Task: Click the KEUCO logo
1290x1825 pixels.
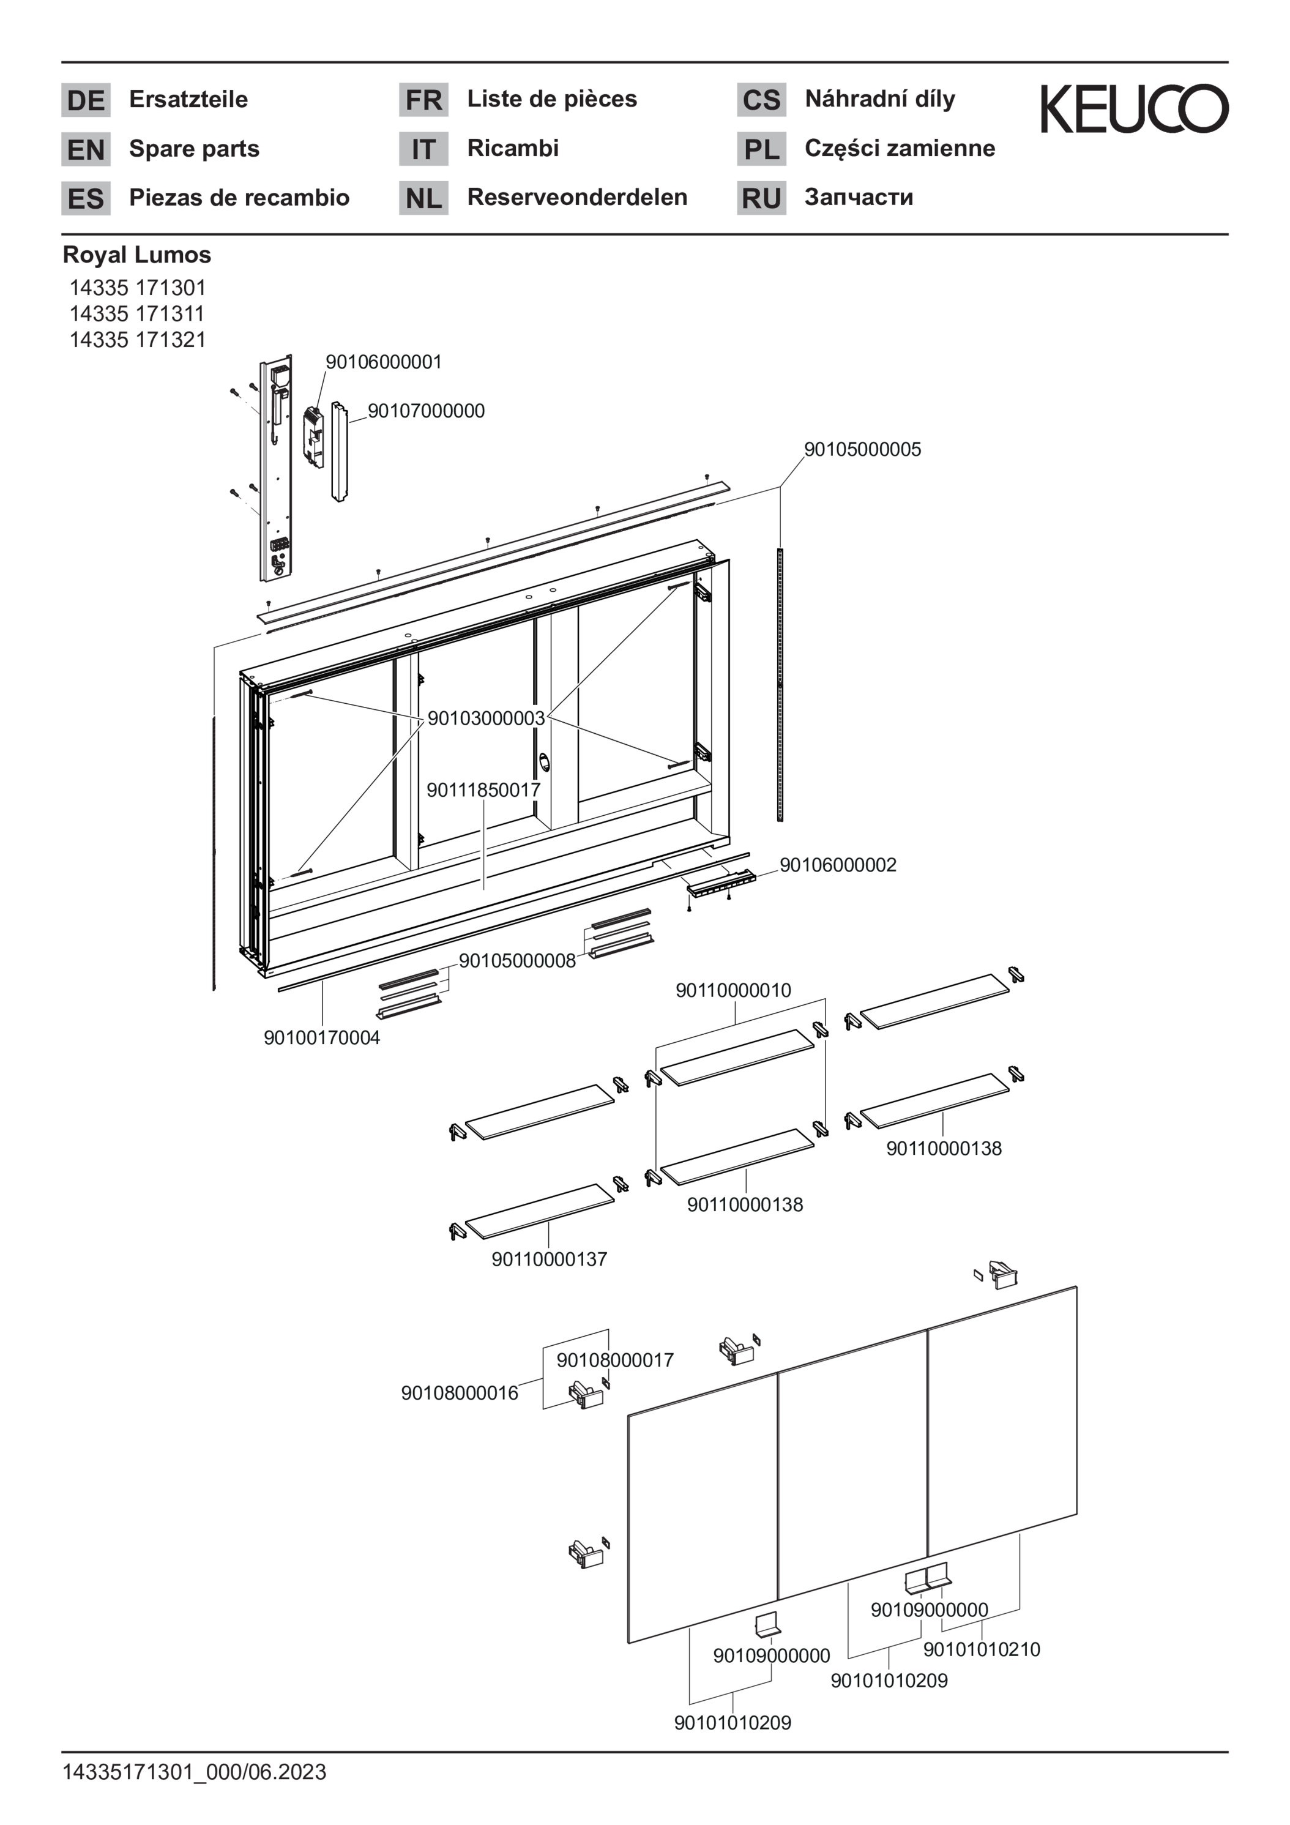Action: [1134, 109]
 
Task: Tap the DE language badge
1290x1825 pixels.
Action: [86, 100]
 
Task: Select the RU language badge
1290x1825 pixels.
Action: [761, 198]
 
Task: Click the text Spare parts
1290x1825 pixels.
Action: [194, 149]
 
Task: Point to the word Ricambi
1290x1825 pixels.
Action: [513, 148]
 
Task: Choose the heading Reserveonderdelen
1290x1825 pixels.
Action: [577, 197]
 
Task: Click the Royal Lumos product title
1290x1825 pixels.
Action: [136, 255]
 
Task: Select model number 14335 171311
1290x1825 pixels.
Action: [136, 313]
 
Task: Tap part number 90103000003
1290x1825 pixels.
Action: [486, 718]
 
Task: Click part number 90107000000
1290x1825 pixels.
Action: [426, 411]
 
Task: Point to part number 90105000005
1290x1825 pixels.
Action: [862, 449]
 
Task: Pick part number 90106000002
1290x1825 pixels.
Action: [838, 865]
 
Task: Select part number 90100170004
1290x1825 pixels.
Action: [322, 1037]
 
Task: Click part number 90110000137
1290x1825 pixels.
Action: [549, 1259]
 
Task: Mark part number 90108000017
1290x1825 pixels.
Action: [615, 1360]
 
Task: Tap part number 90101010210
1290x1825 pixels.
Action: [982, 1649]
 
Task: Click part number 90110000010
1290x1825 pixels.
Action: [733, 990]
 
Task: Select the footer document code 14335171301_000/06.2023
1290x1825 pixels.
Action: [194, 1772]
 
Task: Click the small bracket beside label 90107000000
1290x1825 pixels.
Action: [315, 436]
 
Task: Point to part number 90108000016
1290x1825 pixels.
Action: [460, 1392]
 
